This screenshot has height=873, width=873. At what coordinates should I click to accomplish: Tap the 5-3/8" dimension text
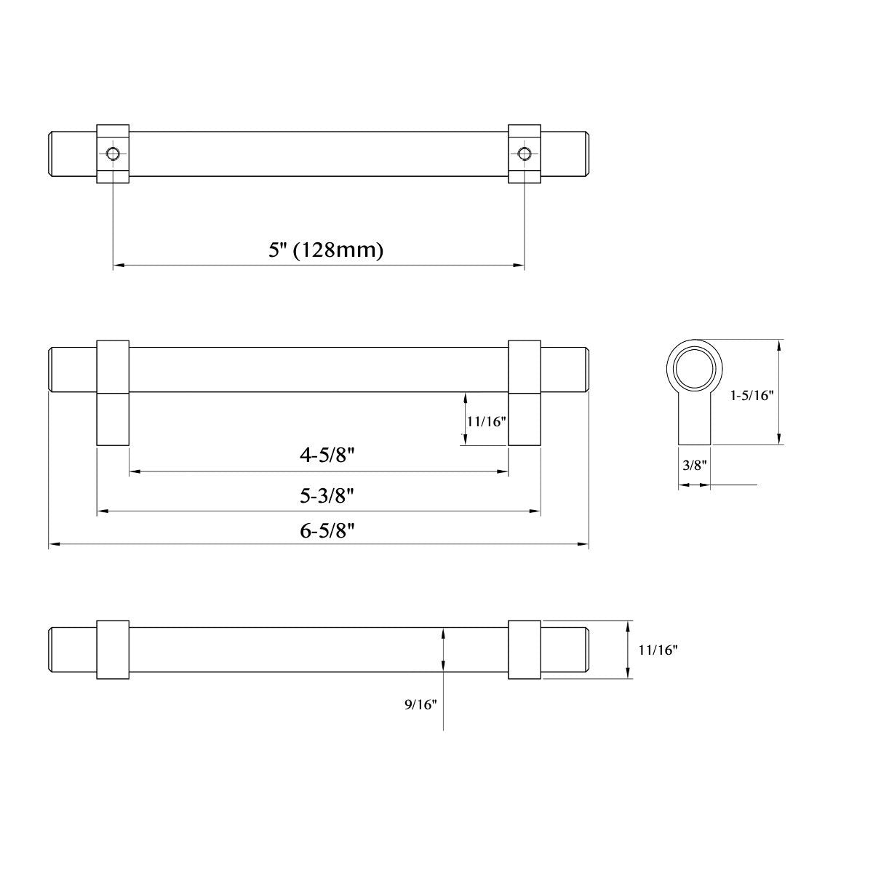327,496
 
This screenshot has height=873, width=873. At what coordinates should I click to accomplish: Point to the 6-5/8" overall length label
327,530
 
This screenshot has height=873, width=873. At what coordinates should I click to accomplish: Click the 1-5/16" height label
751,395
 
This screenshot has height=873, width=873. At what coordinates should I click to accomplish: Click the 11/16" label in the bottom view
658,650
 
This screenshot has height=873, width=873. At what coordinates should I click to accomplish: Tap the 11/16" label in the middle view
486,420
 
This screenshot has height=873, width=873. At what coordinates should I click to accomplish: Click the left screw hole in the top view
113,154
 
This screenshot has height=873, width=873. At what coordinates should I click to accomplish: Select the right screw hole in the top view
524,154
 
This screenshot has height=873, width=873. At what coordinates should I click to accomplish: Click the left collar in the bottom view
113,650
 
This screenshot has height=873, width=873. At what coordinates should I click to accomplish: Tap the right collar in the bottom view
524,650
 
